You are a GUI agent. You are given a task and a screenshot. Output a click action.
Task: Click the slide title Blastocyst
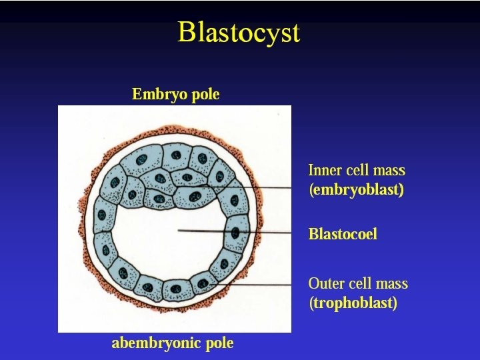[x=239, y=33]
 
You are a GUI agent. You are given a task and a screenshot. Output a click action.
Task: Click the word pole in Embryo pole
[x=205, y=95]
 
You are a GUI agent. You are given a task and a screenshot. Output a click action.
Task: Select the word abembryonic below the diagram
[x=153, y=343]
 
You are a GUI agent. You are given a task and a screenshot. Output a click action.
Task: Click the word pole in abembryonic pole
[x=219, y=343]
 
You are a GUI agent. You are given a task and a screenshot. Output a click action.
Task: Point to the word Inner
[x=323, y=171]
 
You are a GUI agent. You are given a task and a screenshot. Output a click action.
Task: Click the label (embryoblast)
[x=356, y=190]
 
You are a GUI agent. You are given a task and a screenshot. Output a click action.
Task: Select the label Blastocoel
[x=343, y=234]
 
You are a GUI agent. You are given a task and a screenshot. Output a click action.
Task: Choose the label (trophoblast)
[x=353, y=303]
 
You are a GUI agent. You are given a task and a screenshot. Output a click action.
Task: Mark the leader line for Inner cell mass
[x=267, y=188]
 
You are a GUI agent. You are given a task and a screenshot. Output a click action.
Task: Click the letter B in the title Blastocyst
[x=187, y=32]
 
